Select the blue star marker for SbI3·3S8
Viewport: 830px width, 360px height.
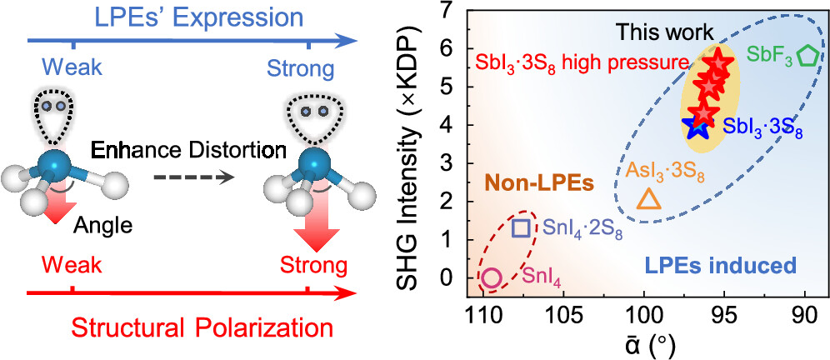coord(697,127)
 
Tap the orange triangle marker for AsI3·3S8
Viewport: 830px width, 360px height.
coord(649,199)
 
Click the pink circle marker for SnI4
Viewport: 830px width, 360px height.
coord(492,278)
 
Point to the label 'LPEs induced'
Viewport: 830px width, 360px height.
coord(723,267)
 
